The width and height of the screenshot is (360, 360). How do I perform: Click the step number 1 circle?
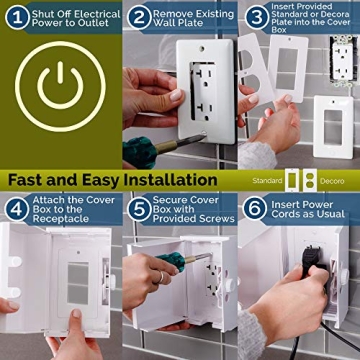click(13, 15)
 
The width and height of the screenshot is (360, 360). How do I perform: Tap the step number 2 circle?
click(137, 15)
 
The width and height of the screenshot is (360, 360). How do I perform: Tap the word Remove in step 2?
click(176, 15)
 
